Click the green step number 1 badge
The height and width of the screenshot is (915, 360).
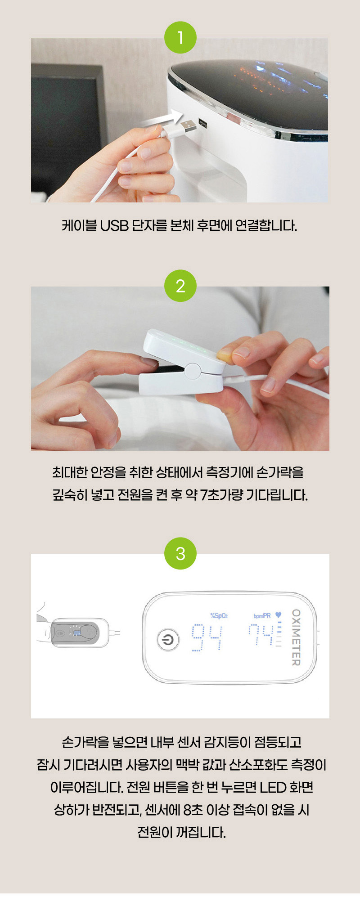tap(180, 38)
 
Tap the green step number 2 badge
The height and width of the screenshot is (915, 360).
tap(180, 286)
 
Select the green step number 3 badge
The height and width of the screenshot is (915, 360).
tap(180, 553)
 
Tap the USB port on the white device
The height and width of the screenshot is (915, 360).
tap(202, 123)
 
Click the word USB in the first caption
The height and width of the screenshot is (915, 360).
tap(114, 225)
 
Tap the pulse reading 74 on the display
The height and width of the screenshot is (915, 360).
tap(261, 635)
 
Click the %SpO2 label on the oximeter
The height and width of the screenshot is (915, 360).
tap(219, 615)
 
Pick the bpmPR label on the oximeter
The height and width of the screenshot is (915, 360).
tap(262, 615)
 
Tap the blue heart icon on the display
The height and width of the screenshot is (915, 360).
tap(278, 615)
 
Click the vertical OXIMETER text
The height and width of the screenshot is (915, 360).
tap(296, 637)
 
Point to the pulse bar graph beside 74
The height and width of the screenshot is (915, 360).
tap(279, 634)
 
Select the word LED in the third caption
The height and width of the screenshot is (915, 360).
tap(273, 788)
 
